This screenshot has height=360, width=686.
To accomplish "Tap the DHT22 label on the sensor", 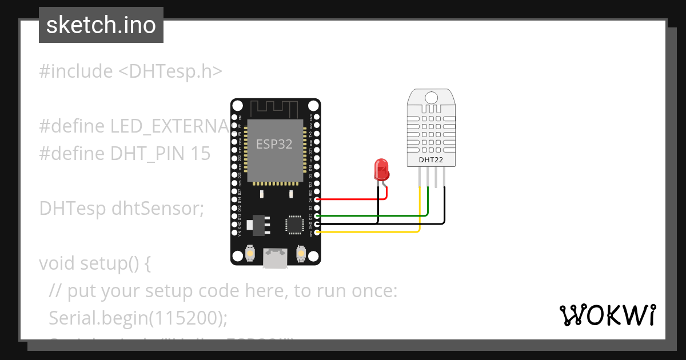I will (x=431, y=160).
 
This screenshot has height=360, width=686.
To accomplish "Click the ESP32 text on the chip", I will (x=274, y=144).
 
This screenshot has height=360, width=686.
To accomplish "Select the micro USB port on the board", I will (x=274, y=258).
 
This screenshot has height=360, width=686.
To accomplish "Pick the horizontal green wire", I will (x=372, y=216).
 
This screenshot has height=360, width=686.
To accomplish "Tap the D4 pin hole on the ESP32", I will (x=317, y=199).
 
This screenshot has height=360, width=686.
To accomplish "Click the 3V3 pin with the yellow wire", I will (x=317, y=233).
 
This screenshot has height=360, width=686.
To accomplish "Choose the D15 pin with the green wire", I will (x=317, y=216).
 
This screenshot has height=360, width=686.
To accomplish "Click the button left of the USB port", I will (x=249, y=253).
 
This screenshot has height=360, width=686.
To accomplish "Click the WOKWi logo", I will (x=607, y=315).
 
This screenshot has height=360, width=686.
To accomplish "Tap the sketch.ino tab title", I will (x=101, y=25).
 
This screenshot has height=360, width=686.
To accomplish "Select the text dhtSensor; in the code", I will (x=158, y=209).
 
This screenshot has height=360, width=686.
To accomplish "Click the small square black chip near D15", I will (x=296, y=224).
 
